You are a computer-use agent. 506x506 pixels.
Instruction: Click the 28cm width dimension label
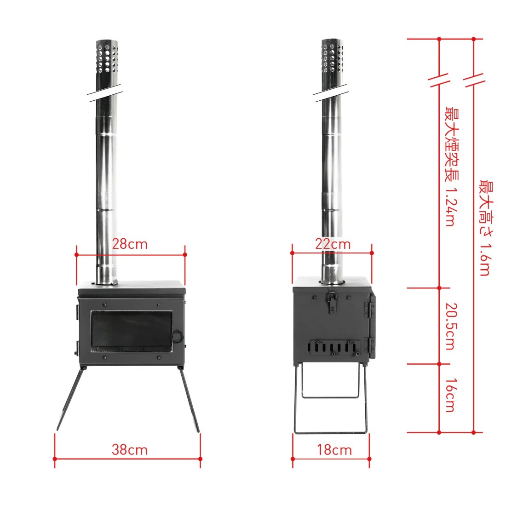coord(130,244)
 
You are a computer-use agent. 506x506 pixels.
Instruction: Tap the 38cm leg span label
coord(130,449)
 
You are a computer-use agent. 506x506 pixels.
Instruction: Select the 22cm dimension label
coord(333,244)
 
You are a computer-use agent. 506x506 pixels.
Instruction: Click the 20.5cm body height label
coord(451,326)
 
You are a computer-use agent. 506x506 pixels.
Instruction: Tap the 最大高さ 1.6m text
coord(485,228)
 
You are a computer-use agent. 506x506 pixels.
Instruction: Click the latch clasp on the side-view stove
coord(331,301)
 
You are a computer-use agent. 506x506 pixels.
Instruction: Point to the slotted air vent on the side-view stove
coord(335,347)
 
